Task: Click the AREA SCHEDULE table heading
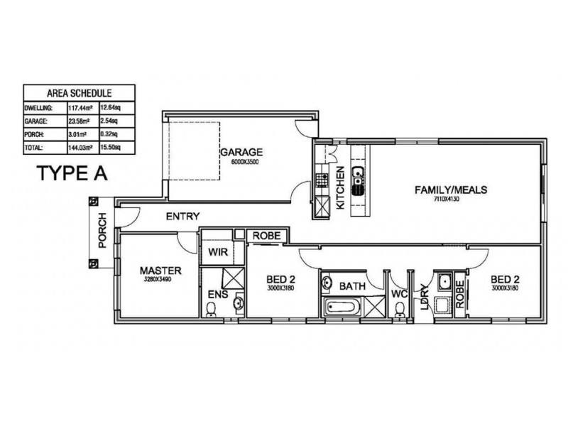[x=79, y=92]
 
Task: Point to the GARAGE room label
[x=241, y=152]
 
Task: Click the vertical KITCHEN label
[x=341, y=188]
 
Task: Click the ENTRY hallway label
[x=182, y=217]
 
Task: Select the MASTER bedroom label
[x=161, y=271]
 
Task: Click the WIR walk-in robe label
[x=217, y=251]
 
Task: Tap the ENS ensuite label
[x=217, y=294]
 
